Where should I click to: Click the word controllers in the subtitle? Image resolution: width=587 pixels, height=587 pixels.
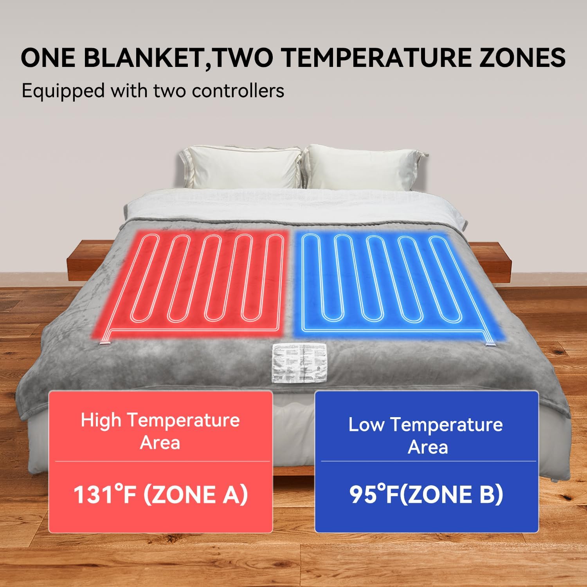(x=238, y=91)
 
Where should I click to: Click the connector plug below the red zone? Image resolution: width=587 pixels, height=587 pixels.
(x=104, y=343)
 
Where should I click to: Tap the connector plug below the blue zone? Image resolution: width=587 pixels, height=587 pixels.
(x=490, y=344)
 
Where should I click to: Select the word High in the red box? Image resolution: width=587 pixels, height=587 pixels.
(x=101, y=421)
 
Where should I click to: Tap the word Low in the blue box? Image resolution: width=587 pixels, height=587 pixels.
(x=366, y=425)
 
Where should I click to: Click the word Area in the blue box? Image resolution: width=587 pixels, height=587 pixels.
(x=427, y=447)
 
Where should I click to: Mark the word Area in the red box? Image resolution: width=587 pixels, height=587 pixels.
(x=160, y=443)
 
